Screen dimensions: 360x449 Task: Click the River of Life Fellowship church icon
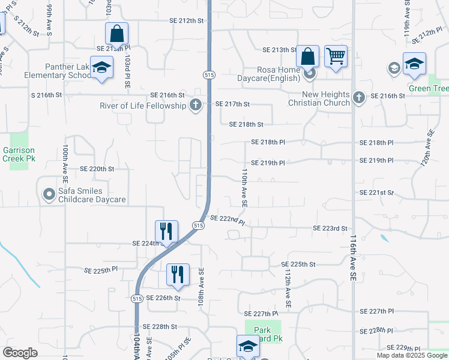(195, 106)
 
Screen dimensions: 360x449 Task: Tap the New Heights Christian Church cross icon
(358, 97)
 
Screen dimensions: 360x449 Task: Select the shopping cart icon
(336, 57)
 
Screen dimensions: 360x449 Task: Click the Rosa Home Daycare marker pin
(310, 74)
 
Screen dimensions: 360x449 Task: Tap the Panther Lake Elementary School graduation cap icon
(102, 68)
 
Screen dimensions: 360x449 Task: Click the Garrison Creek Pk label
(19, 154)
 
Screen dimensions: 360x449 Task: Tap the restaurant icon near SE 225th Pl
(178, 275)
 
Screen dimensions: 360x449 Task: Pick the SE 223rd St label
(331, 229)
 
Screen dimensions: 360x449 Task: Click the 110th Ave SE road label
(244, 187)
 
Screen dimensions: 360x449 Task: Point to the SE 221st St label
(376, 193)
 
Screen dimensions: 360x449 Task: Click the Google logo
(20, 352)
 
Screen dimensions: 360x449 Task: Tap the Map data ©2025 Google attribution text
(412, 355)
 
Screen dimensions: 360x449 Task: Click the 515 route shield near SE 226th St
(137, 298)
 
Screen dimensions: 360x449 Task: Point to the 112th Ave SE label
(288, 289)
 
